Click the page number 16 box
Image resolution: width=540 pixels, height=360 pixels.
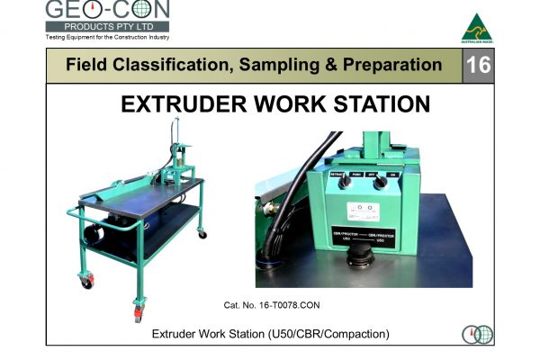point(480,66)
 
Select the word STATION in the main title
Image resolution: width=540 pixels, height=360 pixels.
point(382,105)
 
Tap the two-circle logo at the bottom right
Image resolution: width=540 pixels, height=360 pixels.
point(477,335)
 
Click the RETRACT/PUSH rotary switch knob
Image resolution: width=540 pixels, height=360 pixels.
point(344,180)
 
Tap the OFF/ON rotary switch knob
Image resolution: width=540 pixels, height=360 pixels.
point(381,180)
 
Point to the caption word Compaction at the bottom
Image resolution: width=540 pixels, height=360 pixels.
point(355,335)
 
